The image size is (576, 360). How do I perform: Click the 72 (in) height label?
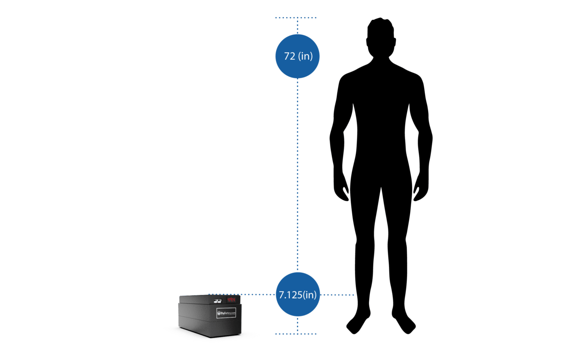point(297,56)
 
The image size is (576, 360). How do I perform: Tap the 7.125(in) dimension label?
point(297,294)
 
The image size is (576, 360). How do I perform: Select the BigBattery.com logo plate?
point(226,313)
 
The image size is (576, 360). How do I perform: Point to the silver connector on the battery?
point(218,301)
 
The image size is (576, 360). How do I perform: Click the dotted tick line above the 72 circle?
point(296,18)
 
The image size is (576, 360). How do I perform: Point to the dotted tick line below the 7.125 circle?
point(296,333)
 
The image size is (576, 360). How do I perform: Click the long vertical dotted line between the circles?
point(298,177)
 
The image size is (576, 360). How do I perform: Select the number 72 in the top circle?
point(290,56)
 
